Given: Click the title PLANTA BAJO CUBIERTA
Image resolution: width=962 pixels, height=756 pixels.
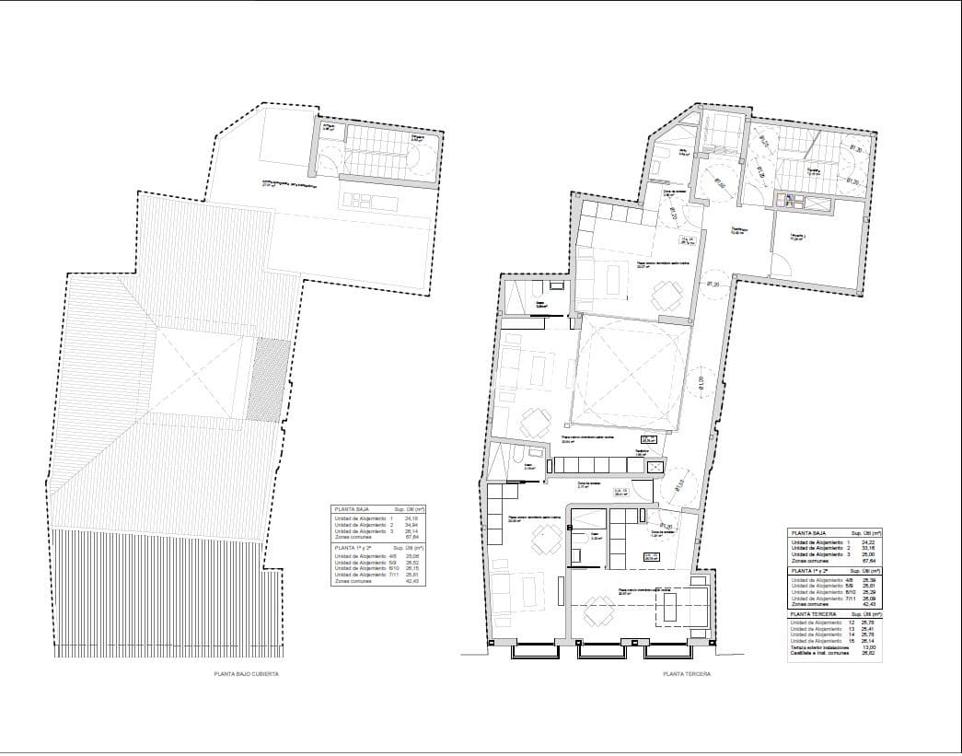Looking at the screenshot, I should point(246,674).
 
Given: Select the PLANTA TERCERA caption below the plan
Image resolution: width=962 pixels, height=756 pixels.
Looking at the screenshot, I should point(686,674).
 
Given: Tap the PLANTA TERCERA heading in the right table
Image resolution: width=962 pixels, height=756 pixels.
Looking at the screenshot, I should point(812,612).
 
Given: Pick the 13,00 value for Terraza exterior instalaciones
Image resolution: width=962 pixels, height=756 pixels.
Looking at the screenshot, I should point(868,648).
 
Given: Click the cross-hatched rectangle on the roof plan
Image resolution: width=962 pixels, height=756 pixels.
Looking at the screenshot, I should point(263,378).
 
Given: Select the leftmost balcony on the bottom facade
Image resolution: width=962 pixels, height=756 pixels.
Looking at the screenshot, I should point(534,650).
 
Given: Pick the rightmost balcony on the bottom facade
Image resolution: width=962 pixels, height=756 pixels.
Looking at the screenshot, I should point(668,650).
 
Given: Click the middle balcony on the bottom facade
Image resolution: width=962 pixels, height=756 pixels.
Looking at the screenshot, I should point(601,650).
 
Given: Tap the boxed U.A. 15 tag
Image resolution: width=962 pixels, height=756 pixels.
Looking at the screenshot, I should point(652,556).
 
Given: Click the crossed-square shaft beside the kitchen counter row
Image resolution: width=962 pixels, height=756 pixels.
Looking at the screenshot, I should point(655,467).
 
